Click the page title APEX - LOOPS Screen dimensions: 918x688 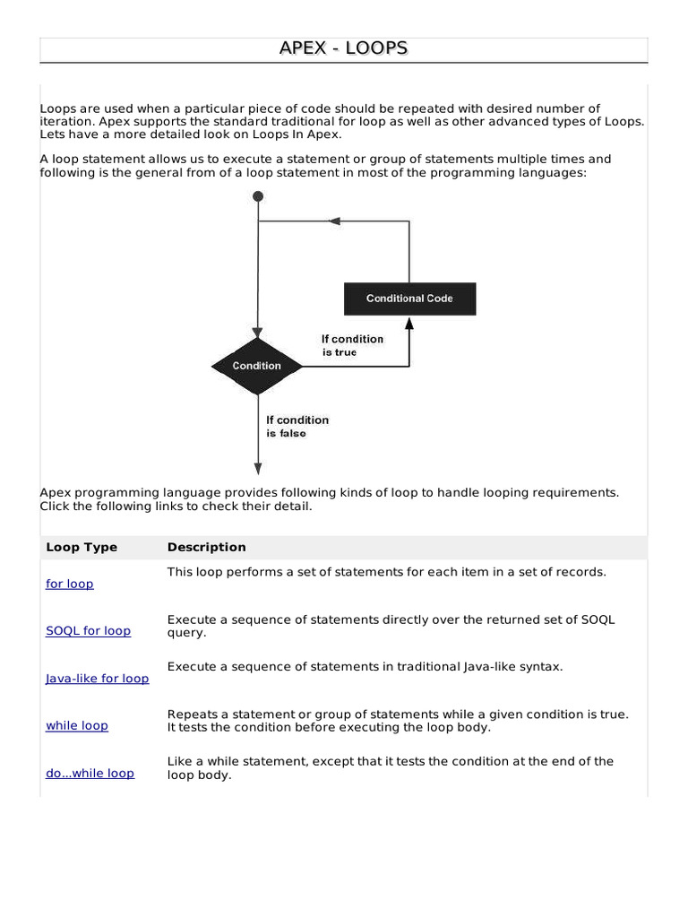344,48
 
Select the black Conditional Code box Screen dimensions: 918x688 409,299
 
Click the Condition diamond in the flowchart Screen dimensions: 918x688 257,366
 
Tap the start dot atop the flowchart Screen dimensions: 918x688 258,196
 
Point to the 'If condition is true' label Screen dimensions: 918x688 351,345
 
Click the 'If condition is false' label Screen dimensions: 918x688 297,426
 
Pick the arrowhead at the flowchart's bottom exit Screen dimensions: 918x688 258,468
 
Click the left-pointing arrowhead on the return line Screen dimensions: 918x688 334,221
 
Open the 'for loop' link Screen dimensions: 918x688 70,584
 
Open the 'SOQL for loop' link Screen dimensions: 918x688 88,630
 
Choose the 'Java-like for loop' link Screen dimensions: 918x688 97,679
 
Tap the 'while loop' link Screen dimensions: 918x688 77,725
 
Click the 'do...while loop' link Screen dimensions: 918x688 90,773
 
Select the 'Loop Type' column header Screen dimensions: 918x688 82,547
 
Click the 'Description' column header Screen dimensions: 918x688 206,547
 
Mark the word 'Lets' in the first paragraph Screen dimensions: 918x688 52,134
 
